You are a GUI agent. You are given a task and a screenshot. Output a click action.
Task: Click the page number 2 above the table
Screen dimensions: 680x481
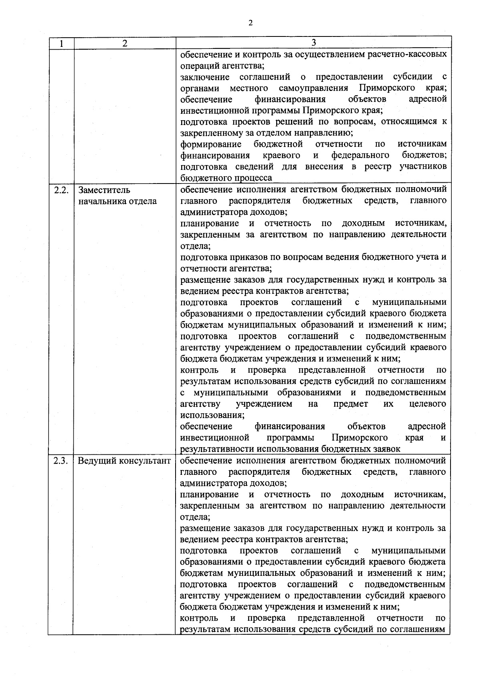point(251,23)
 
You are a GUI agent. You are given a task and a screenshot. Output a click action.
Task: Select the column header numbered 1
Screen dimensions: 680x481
point(61,43)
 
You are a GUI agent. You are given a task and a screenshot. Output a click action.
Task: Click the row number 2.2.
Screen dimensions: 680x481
point(61,190)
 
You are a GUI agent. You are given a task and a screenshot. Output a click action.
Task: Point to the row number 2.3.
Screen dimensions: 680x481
point(61,461)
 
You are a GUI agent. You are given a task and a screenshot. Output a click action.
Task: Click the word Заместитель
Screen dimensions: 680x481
point(104,190)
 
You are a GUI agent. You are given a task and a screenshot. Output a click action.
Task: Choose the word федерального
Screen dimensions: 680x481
point(360,155)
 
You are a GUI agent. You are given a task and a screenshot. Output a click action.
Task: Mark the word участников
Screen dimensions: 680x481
point(423,166)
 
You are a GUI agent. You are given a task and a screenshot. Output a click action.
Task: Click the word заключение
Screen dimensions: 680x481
point(205,77)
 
